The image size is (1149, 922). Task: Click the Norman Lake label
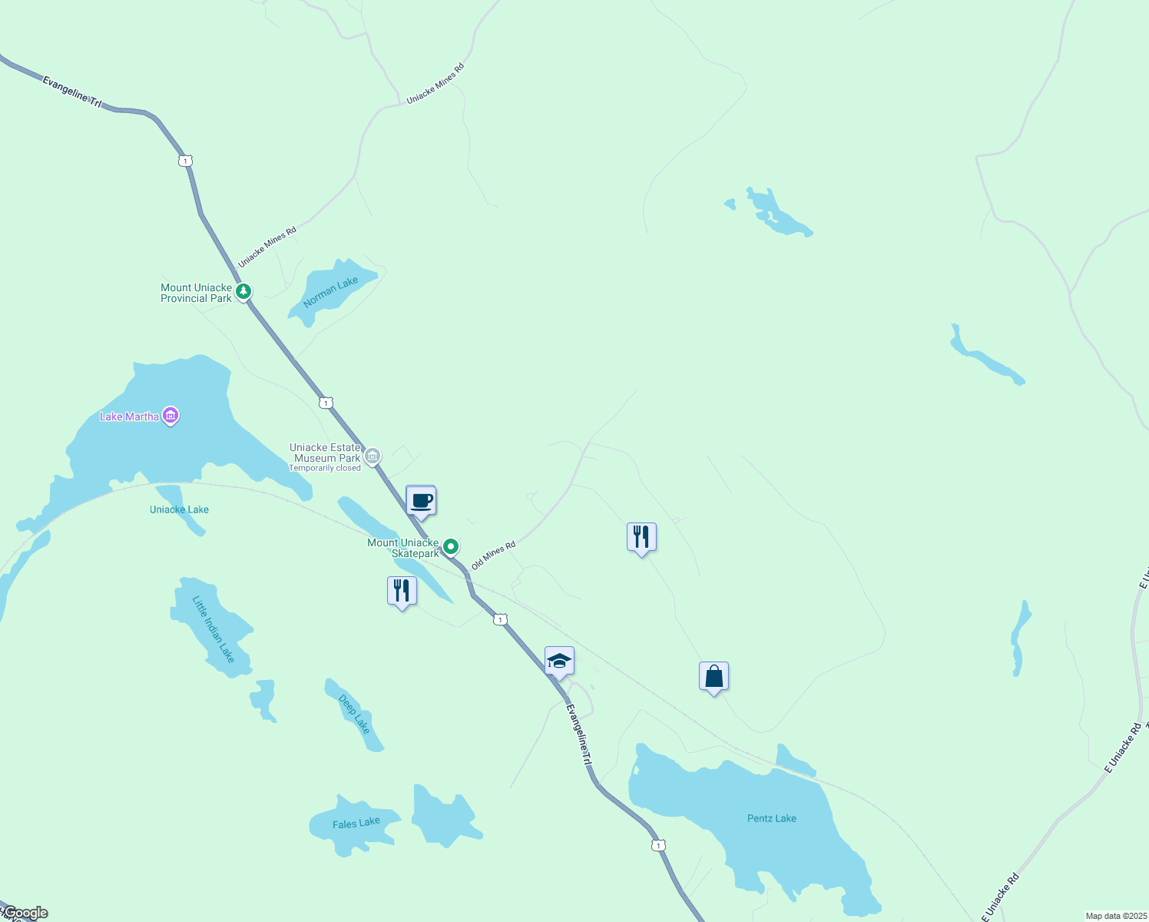click(330, 292)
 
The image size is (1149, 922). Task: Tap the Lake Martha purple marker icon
click(171, 416)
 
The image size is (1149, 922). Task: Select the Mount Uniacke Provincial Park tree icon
click(243, 291)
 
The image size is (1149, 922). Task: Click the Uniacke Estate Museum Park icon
click(373, 456)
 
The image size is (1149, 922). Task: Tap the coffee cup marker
click(421, 502)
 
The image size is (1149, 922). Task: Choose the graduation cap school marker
click(559, 662)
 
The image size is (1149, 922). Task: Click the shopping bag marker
click(714, 677)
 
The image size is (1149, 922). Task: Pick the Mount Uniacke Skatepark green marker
click(452, 547)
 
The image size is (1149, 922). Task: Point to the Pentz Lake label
click(771, 818)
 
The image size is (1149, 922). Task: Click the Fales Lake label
click(356, 824)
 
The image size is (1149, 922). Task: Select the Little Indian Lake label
click(214, 628)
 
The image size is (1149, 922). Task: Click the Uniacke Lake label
click(179, 509)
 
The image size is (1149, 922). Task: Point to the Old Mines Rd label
click(493, 555)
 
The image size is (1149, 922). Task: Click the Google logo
click(25, 913)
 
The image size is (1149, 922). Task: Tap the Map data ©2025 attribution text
click(1115, 916)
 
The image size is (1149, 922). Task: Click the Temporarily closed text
click(325, 468)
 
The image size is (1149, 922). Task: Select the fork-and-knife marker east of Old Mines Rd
click(641, 538)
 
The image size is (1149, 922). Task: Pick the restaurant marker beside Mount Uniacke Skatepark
click(402, 592)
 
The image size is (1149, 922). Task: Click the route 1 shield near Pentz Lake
click(658, 845)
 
